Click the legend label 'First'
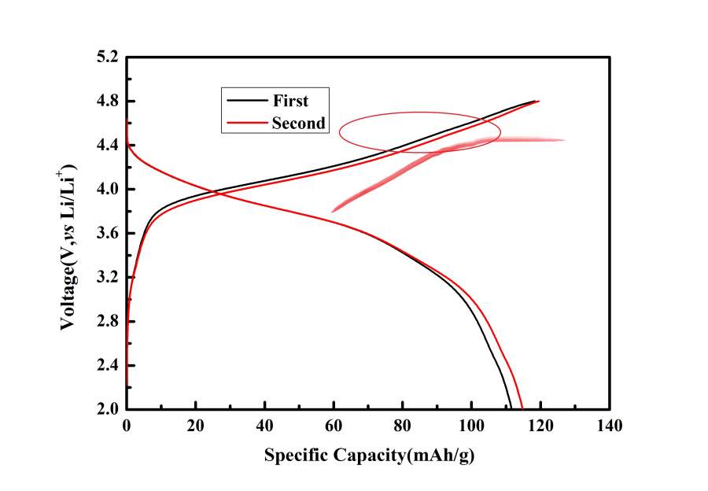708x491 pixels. (290, 101)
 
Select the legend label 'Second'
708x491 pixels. (297, 123)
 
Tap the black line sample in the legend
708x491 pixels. (245, 101)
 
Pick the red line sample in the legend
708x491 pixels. (245, 123)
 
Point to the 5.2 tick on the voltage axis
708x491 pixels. (108, 57)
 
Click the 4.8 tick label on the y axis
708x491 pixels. (108, 102)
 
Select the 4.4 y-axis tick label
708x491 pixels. (108, 146)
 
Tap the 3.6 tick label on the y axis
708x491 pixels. (108, 234)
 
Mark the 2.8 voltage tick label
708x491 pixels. (108, 322)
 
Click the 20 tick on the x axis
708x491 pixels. (195, 427)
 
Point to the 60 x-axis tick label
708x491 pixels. (334, 427)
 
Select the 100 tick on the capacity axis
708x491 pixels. (471, 427)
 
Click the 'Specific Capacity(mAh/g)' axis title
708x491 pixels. (369, 456)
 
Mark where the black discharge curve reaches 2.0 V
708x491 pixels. (511, 408)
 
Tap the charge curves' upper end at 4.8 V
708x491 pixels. (537, 101)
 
